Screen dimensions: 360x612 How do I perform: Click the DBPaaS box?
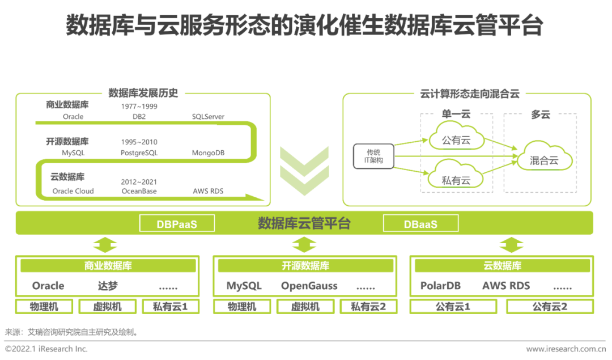[177, 223]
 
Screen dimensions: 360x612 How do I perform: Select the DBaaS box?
[420, 223]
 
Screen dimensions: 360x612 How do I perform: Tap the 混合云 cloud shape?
[544, 160]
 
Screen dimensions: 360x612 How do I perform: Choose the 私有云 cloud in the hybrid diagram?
[456, 180]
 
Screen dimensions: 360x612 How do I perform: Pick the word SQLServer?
[208, 117]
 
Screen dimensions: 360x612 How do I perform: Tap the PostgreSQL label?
[139, 153]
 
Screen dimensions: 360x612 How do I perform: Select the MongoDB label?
[208, 153]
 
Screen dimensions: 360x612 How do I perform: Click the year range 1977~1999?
[139, 106]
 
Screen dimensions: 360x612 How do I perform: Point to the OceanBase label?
[139, 191]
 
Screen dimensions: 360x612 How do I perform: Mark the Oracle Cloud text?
[73, 191]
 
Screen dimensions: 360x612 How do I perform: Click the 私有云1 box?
[170, 307]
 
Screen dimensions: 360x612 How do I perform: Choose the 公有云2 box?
[550, 307]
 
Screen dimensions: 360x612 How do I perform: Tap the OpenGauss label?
[309, 286]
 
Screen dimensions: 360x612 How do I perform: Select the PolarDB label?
[440, 286]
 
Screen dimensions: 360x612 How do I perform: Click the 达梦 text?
[108, 286]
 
